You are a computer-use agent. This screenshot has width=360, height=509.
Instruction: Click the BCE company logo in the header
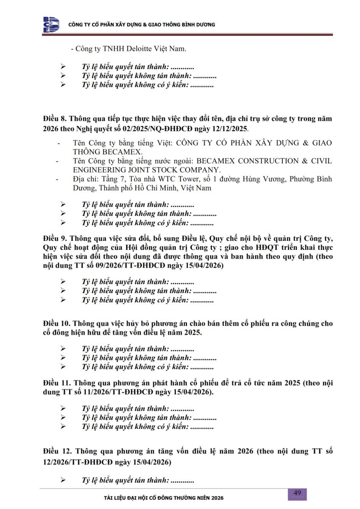coord(51,25)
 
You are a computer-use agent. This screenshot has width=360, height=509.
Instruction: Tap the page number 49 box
coord(297,493)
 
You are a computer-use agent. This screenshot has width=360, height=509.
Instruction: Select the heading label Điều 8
coord(54,118)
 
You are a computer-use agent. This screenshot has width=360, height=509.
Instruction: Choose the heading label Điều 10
coord(56,323)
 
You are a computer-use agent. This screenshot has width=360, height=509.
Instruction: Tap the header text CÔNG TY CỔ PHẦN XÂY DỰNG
coord(105,25)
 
